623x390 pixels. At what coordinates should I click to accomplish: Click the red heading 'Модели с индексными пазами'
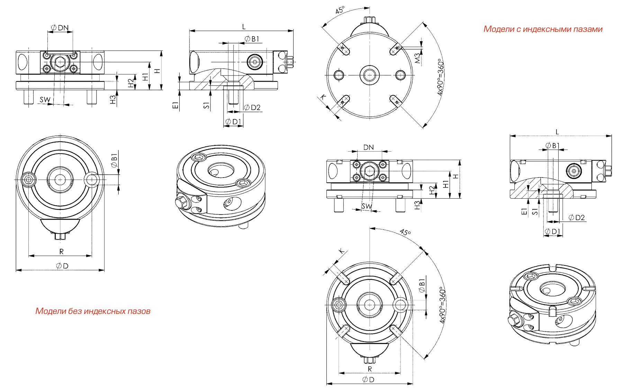[543, 29]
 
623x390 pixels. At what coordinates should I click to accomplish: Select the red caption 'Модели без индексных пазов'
[93, 311]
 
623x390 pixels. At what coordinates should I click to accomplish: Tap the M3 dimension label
[418, 58]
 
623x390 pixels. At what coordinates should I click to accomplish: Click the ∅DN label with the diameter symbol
[60, 28]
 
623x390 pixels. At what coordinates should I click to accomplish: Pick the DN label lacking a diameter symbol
[369, 147]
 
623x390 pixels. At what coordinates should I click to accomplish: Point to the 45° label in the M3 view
[340, 10]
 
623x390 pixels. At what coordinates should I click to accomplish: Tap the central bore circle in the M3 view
[370, 75]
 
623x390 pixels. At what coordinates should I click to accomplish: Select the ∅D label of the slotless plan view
[62, 266]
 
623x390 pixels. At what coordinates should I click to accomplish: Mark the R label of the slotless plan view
[61, 252]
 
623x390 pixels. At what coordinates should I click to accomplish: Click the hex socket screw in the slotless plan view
[28, 179]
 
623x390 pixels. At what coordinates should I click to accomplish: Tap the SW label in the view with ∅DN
[45, 100]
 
